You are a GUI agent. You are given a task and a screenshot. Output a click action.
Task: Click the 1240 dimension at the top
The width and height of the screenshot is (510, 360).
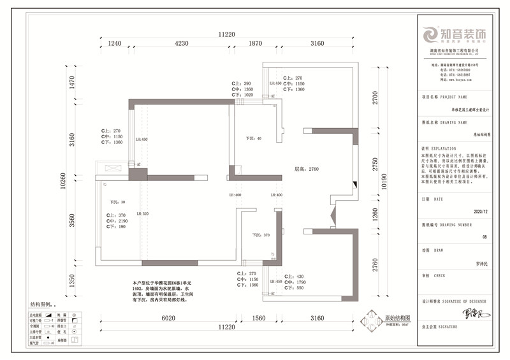pos(115,43)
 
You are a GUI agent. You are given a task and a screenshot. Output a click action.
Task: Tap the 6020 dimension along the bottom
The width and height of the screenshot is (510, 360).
pos(168,317)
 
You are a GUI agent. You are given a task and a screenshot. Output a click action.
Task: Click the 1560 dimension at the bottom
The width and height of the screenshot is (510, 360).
pos(258,317)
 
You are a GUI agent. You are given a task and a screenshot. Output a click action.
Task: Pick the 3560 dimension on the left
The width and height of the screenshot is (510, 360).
pos(72,220)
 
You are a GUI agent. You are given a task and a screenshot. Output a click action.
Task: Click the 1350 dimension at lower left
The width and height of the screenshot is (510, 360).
pos(72,281)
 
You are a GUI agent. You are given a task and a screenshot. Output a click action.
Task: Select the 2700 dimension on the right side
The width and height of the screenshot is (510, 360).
pos(375,97)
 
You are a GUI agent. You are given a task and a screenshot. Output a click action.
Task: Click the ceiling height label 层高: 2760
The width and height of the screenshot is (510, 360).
pos(305,170)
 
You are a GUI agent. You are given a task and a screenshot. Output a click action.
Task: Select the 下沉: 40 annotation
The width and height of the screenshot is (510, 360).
pos(254,138)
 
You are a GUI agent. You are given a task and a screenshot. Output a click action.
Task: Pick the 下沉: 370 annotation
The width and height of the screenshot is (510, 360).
pos(261,235)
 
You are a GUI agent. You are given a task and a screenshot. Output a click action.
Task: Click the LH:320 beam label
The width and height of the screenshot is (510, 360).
pos(142,214)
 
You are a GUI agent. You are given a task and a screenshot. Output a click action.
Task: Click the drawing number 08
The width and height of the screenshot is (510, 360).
pos(484,236)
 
